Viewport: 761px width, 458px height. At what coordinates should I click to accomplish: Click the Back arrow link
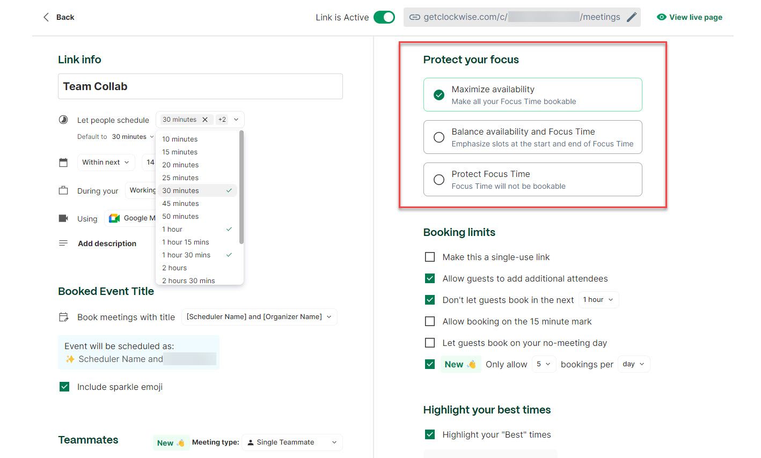point(58,17)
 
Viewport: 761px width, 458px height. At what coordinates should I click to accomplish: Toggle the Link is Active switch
point(384,17)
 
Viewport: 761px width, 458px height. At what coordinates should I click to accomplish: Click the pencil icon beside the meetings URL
point(632,17)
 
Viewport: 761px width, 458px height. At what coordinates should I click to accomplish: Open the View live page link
point(690,17)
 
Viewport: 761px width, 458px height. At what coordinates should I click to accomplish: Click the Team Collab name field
point(200,86)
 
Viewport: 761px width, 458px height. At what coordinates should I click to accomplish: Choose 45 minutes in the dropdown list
point(180,204)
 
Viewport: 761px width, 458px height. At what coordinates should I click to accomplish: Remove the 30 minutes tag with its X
point(205,120)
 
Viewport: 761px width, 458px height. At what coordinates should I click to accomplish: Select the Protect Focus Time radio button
point(439,180)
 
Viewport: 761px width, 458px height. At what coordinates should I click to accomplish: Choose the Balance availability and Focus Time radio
point(439,137)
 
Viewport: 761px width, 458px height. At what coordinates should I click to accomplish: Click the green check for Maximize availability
point(439,95)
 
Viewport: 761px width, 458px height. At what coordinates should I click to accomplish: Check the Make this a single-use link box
point(430,257)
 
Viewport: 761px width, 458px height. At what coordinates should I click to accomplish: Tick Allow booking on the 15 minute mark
point(430,322)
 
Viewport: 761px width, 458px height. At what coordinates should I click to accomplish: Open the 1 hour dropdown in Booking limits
point(598,300)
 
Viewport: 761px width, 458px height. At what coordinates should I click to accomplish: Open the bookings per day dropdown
point(633,364)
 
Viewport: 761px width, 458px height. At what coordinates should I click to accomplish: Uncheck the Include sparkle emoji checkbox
point(64,387)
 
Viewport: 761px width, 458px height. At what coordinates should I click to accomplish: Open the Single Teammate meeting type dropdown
point(292,442)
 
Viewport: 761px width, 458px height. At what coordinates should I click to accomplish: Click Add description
point(107,243)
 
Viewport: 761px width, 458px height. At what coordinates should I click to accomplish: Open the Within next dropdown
point(106,162)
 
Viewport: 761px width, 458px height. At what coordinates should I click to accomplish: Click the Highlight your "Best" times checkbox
point(430,434)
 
